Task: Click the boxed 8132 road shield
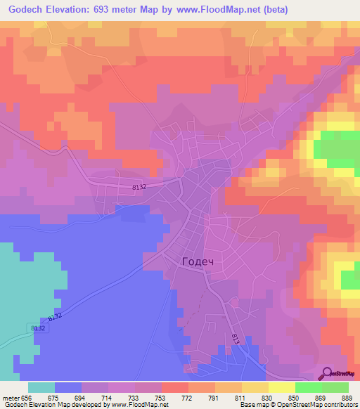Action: (x=39, y=328)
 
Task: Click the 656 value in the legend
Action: (x=27, y=397)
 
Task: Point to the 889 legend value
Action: (x=347, y=397)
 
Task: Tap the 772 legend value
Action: (x=187, y=397)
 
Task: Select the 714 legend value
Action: (x=107, y=397)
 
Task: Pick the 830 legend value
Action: (x=266, y=397)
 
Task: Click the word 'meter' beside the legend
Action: (x=10, y=397)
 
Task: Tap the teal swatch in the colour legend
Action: (x=41, y=387)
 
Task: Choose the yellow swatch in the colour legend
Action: (x=281, y=387)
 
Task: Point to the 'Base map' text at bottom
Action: (x=254, y=405)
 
